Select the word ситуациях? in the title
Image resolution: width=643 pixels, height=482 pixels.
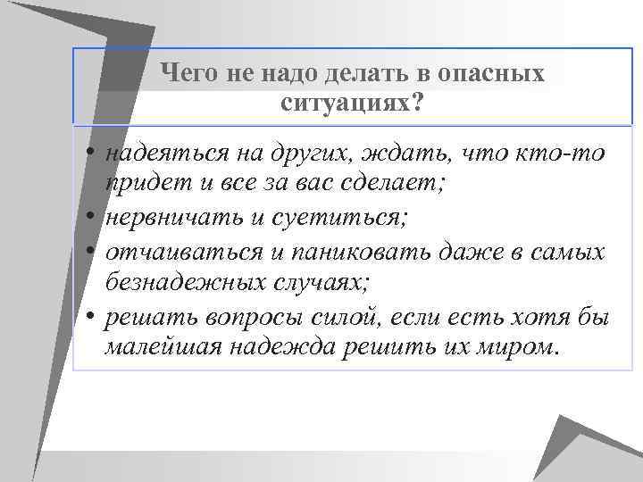pyautogui.click(x=352, y=103)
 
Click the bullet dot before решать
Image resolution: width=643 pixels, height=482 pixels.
pyautogui.click(x=93, y=315)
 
